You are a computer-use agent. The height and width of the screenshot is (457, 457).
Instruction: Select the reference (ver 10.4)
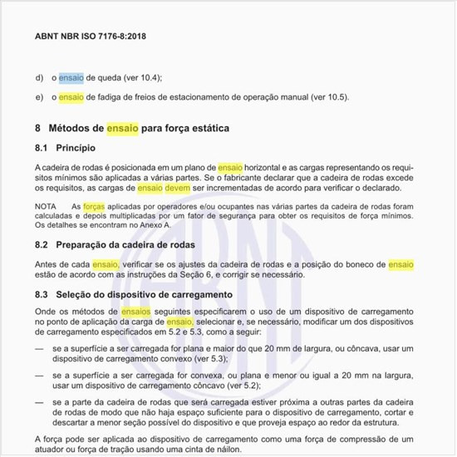point(141,78)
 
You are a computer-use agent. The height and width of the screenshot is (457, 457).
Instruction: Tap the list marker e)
point(39,97)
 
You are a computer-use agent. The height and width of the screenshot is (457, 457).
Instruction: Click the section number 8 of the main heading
point(38,129)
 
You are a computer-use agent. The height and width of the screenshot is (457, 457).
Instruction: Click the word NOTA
point(47,204)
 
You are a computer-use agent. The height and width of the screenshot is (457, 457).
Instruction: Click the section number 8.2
point(42,246)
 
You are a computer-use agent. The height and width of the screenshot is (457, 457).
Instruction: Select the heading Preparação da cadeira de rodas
point(125,246)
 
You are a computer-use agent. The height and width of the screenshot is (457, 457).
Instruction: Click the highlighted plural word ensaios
point(136,310)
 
